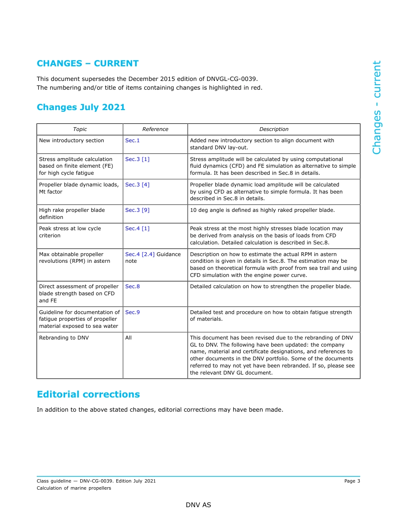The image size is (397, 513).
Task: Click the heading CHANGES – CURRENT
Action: point(88,63)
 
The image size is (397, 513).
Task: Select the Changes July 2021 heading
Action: point(81,107)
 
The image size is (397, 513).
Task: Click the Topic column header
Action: point(80,129)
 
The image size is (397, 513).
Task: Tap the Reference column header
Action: point(155,129)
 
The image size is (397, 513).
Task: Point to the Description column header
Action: point(274,129)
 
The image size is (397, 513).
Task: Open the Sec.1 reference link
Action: point(132,141)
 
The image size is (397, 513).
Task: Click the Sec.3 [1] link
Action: point(137,159)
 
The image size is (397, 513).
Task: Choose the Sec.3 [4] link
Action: point(137,185)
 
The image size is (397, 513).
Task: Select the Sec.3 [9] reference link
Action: point(137,210)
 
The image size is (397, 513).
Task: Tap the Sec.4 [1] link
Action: point(137,229)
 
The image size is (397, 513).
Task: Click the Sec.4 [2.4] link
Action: point(140,254)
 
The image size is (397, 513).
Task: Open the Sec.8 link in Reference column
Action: point(132,287)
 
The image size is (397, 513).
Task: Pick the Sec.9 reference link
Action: point(132,312)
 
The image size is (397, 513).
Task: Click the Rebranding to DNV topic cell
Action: point(64,338)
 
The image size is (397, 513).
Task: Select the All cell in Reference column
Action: point(128,338)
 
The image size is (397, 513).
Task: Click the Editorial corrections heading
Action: point(88,395)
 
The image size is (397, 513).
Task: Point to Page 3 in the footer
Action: point(352,481)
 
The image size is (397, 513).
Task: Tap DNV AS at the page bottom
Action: point(198,505)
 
